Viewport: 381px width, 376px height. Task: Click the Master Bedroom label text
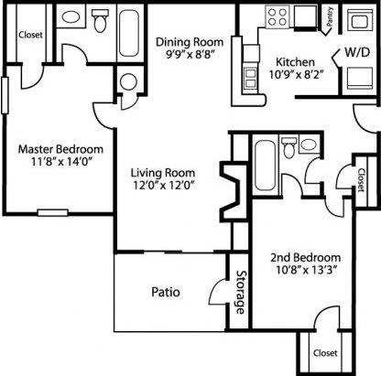pyautogui.click(x=60, y=149)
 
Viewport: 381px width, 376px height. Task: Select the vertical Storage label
pyautogui.click(x=240, y=292)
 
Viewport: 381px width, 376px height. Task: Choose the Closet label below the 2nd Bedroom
pyautogui.click(x=324, y=351)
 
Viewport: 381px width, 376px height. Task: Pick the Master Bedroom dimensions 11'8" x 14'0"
pyautogui.click(x=60, y=164)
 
